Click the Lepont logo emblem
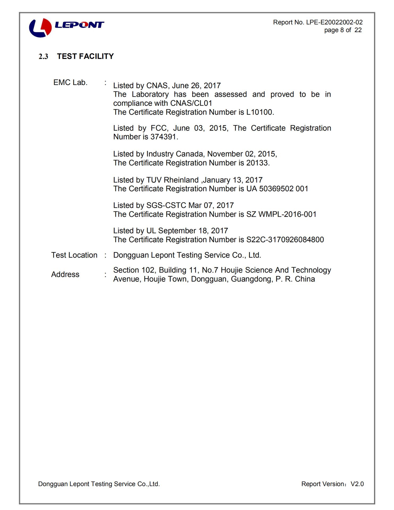[40, 27]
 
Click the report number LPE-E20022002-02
[334, 22]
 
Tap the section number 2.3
[43, 57]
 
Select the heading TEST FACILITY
[85, 56]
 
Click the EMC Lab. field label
[70, 83]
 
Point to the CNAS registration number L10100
[259, 112]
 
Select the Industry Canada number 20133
[257, 163]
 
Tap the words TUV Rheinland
[172, 180]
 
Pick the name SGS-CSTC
[166, 205]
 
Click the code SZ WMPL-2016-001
[281, 214]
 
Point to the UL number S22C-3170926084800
[285, 240]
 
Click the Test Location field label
[74, 255]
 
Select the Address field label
[65, 274]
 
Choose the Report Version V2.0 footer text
[332, 484]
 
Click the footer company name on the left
[99, 484]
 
